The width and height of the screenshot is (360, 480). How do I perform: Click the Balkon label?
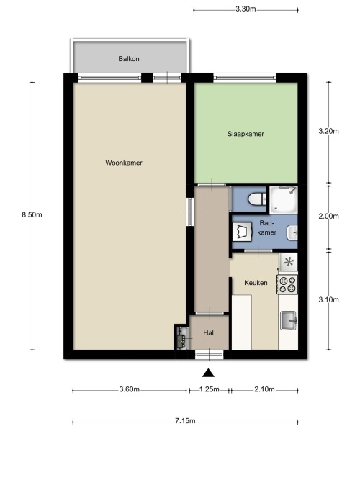coord(129,59)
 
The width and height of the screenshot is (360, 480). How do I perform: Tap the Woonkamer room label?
coord(124,163)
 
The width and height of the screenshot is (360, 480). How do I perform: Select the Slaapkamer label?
coord(246,134)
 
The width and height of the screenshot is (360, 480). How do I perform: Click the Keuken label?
coord(256,283)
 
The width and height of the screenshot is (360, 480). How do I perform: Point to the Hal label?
coord(208,332)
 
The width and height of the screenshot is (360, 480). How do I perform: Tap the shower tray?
coord(283,199)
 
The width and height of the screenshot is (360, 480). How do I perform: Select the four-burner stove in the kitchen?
coord(287,284)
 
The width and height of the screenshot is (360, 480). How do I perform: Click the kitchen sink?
coord(288,321)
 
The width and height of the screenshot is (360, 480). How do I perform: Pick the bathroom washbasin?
coord(292,233)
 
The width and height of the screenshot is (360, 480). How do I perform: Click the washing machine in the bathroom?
coord(242,232)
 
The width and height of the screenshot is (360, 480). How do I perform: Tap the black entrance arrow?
coord(208,373)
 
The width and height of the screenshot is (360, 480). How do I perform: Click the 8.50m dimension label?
coord(32,215)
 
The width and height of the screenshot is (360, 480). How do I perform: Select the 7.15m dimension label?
coord(185,421)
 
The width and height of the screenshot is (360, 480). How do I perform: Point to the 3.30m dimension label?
coord(246,9)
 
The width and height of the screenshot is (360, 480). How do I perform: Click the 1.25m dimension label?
coord(210,389)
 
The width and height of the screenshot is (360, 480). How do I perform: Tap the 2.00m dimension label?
coord(329,217)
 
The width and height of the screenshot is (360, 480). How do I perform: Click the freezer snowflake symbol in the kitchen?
coord(289,262)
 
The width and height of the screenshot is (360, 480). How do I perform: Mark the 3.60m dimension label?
coord(130,389)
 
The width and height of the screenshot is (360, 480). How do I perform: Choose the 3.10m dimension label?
coord(329,299)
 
